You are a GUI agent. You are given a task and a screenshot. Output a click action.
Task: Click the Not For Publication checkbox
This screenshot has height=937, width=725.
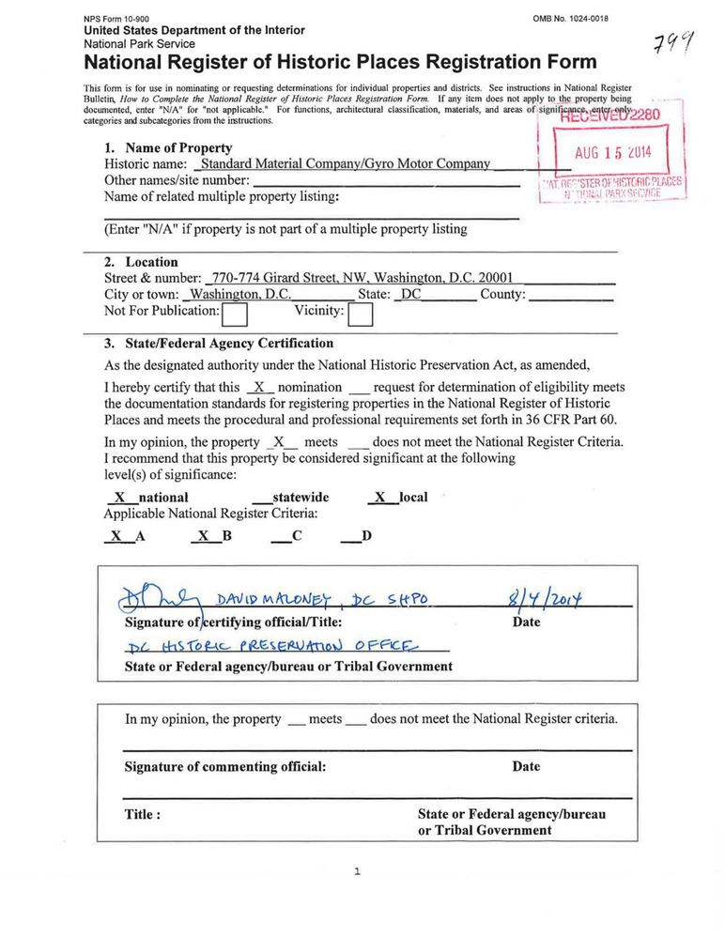click(235, 314)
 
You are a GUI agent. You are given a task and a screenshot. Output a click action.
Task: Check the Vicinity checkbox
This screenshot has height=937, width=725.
click(361, 314)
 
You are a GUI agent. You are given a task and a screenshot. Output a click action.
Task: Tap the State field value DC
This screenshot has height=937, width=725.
click(412, 294)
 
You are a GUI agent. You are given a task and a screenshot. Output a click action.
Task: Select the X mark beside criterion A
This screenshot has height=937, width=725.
click(116, 537)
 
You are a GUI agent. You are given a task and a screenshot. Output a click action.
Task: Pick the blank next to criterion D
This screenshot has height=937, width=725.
click(348, 537)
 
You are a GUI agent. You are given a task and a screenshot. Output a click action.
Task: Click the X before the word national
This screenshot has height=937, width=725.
click(119, 497)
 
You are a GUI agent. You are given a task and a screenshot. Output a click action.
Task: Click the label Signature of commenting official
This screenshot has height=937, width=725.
click(225, 766)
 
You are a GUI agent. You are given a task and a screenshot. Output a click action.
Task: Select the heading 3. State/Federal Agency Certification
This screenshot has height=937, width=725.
click(218, 344)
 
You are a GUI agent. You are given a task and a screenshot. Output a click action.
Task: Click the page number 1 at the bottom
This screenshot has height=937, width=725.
click(357, 872)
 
